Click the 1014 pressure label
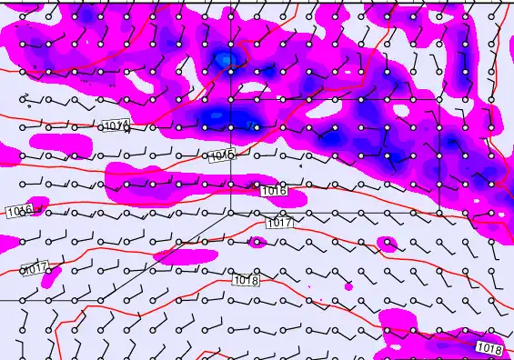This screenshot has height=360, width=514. [x=116, y=125]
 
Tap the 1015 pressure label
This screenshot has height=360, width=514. [x=221, y=156]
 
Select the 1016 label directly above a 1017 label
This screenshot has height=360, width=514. [x=274, y=191]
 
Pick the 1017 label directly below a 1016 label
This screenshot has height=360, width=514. [x=279, y=223]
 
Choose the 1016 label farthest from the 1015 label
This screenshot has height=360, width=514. [x=19, y=211]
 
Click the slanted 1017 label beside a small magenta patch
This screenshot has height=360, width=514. [x=35, y=269]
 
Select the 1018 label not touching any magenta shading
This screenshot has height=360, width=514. [x=247, y=280]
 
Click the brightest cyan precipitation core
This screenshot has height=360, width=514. [x=225, y=61]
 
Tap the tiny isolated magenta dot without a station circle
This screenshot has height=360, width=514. [x=348, y=286]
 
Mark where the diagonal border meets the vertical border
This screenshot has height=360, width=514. [x=230, y=212]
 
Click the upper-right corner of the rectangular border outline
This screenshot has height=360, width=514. [x=439, y=98]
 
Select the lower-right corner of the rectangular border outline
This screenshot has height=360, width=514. [x=439, y=212]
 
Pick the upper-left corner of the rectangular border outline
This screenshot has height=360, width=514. [x=230, y=98]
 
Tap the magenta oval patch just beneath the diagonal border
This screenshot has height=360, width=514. [x=176, y=252]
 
